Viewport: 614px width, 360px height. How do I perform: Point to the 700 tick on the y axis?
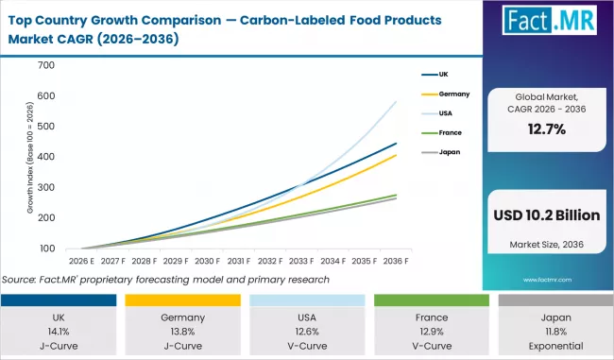click(x=47, y=65)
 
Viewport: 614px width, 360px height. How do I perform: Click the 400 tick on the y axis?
click(x=47, y=157)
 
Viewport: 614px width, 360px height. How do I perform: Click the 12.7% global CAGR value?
click(x=547, y=129)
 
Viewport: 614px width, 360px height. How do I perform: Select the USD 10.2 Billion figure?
click(x=547, y=215)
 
